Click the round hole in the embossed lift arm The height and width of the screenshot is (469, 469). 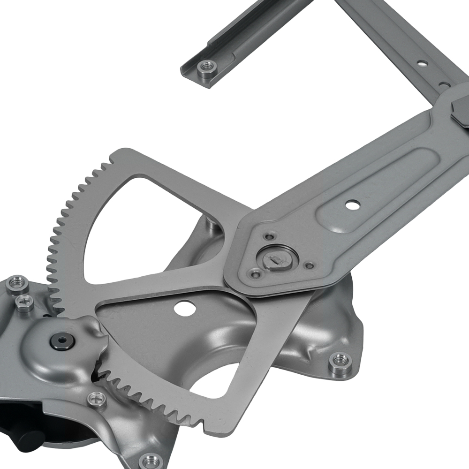(x=353, y=204)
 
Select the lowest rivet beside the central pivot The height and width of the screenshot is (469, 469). (x=255, y=273)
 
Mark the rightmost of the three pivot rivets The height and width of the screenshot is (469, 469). (x=309, y=265)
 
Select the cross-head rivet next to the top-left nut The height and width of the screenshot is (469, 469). (x=24, y=303)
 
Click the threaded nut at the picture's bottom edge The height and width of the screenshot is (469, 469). (x=151, y=461)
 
